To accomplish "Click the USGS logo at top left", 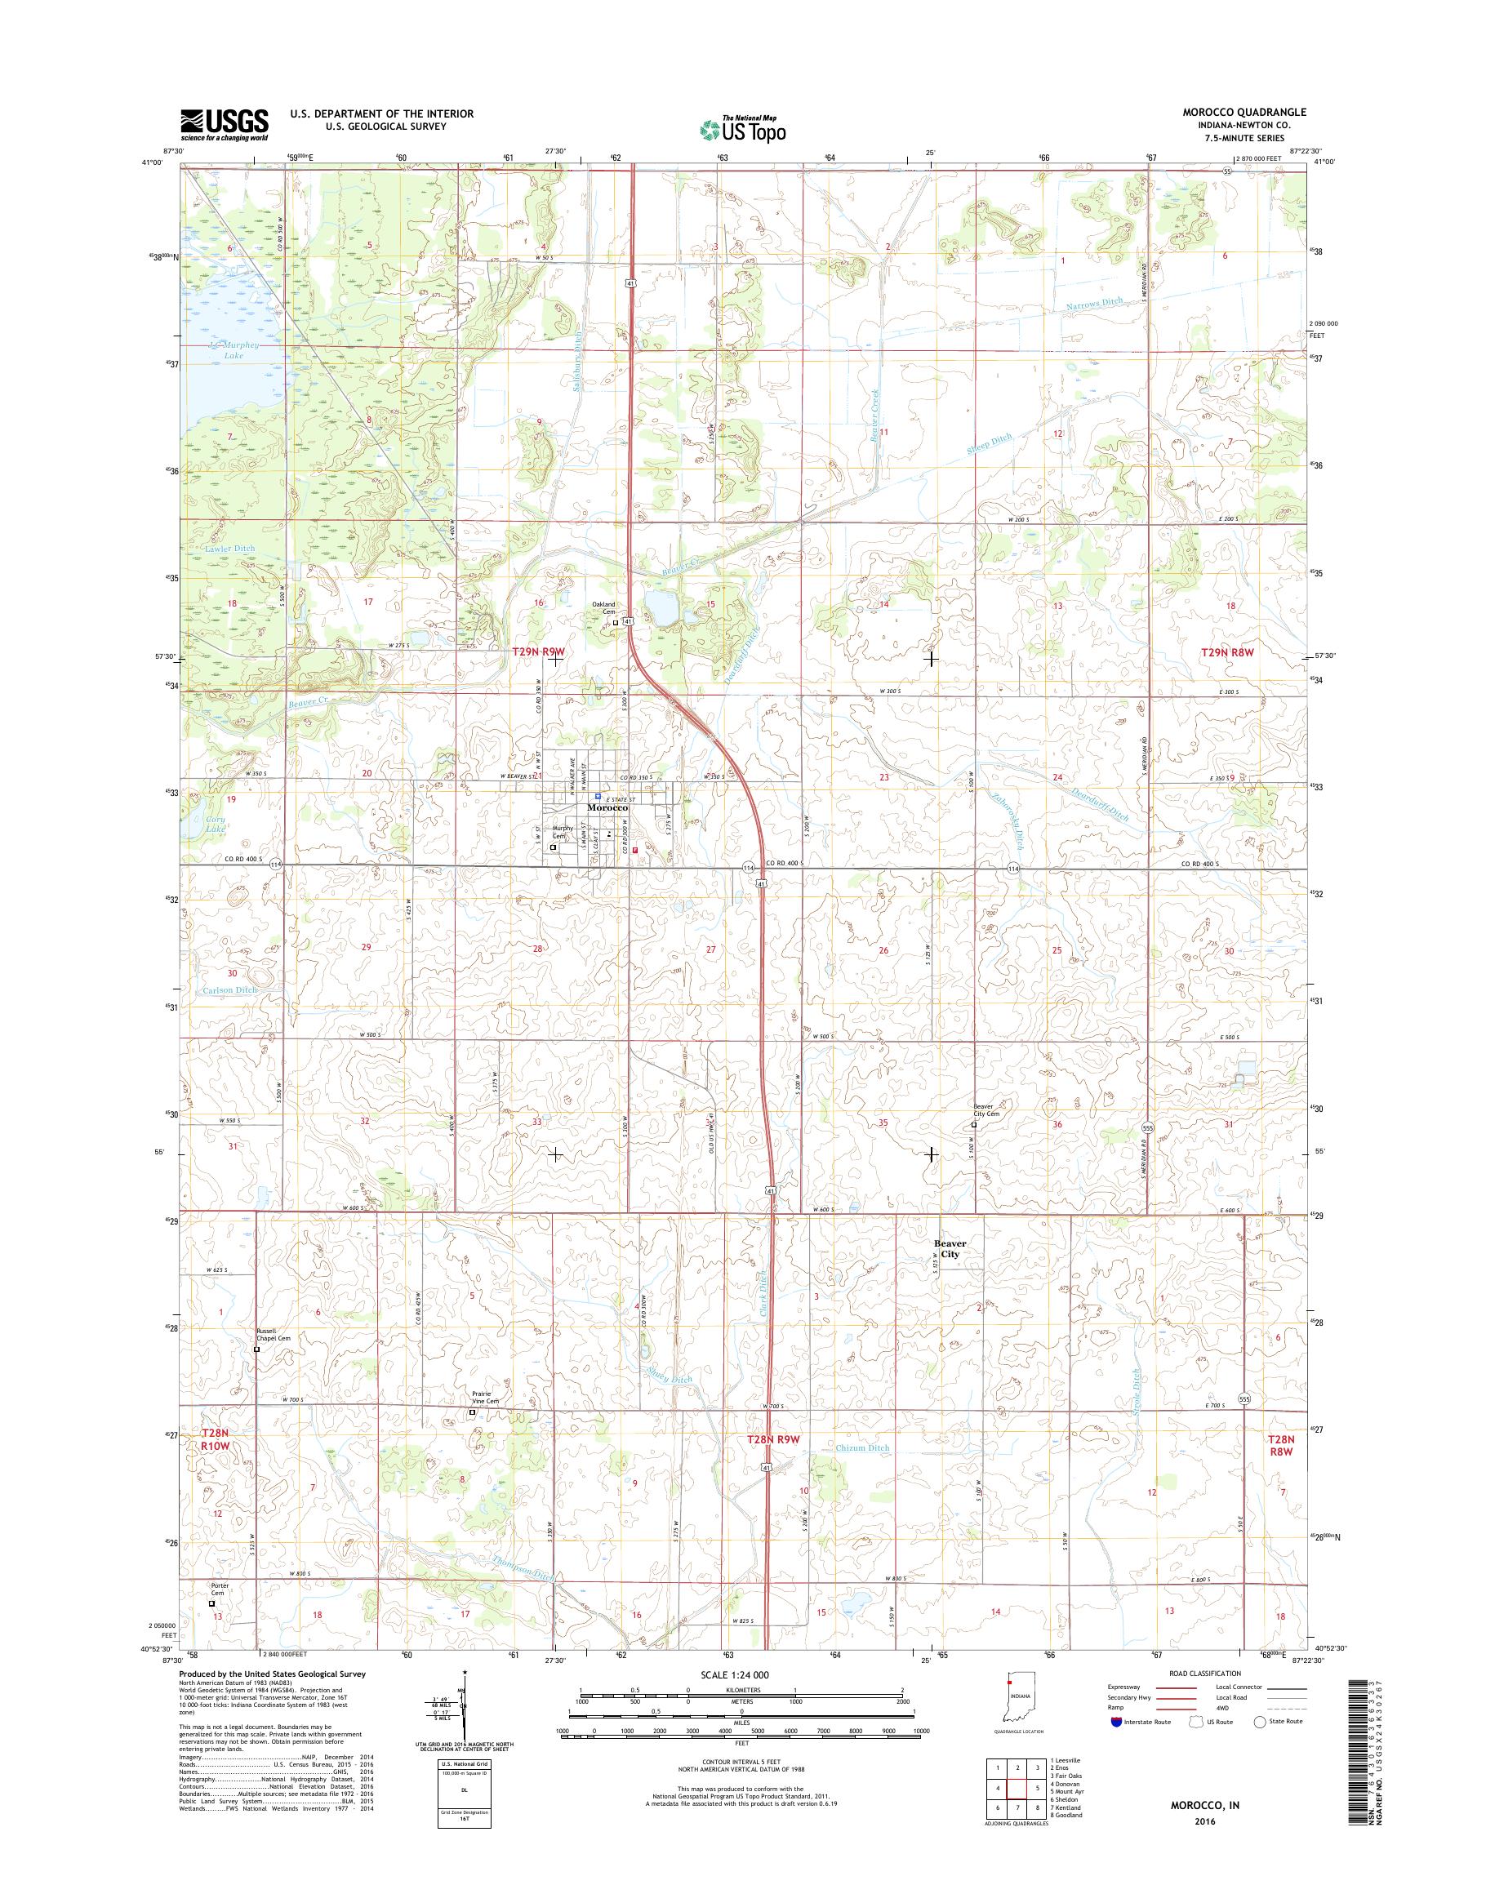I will [225, 124].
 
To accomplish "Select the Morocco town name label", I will [607, 808].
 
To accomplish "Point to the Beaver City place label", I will [950, 1249].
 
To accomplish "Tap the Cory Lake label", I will [215, 824].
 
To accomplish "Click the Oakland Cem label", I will [603, 608].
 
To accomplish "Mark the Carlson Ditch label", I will [229, 990].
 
